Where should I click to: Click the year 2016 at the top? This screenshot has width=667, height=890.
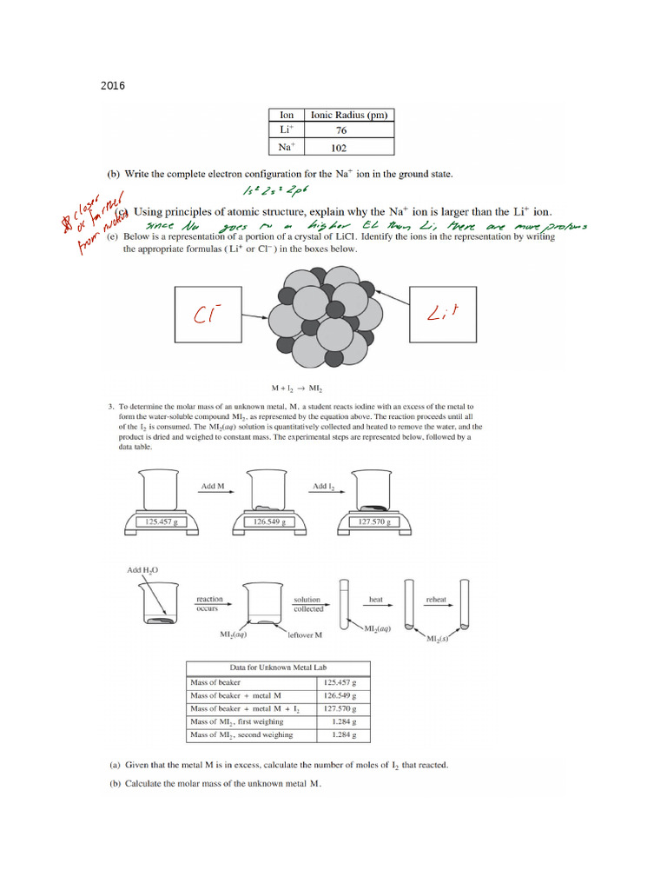pos(113,86)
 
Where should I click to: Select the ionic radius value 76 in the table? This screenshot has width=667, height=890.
pos(340,130)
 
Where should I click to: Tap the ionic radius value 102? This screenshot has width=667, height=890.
pos(340,147)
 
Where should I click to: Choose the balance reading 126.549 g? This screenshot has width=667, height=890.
pos(269,522)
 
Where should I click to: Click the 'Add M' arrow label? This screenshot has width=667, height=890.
pos(213,486)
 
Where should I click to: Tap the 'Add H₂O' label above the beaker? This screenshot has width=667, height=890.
pos(144,570)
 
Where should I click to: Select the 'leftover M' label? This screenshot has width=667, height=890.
pos(305,634)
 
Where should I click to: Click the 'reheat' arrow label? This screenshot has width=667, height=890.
pos(435,599)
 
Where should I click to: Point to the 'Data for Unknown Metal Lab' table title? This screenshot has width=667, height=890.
pos(278,667)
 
